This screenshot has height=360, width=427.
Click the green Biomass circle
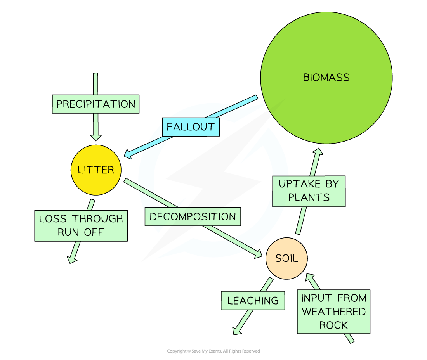click(x=326, y=78)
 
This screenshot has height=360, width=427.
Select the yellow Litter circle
click(x=96, y=170)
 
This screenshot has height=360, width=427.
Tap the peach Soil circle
click(x=286, y=258)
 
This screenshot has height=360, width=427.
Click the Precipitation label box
click(x=96, y=104)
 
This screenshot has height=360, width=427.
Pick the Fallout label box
click(x=191, y=127)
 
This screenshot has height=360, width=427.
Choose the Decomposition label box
click(x=193, y=216)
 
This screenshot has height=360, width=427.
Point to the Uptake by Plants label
click(x=309, y=190)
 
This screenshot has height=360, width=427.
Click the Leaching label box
click(x=253, y=301)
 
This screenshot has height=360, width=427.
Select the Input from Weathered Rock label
click(x=333, y=312)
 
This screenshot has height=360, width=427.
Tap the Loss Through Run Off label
click(x=81, y=225)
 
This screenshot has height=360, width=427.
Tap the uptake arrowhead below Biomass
click(x=318, y=152)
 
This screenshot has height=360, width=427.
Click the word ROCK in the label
click(x=333, y=325)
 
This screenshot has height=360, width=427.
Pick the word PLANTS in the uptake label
click(x=309, y=197)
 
